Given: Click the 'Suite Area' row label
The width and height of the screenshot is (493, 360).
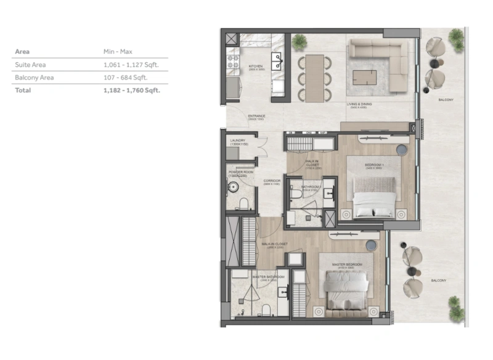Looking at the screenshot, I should click(x=30, y=65).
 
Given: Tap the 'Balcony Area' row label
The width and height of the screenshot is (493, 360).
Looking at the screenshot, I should click(x=33, y=78).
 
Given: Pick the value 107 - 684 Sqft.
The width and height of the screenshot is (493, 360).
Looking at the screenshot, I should click(x=126, y=78).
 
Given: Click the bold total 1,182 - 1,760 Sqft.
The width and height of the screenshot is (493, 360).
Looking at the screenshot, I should click(x=131, y=90).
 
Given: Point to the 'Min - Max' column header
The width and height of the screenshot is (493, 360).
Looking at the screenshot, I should click(x=118, y=52).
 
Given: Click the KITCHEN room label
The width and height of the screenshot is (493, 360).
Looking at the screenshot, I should click(x=256, y=66).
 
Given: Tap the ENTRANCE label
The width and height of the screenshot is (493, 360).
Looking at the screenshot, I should click(x=256, y=116).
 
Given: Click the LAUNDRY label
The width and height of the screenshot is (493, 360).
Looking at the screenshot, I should click(x=237, y=141).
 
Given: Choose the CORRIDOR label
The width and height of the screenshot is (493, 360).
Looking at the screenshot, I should click(x=272, y=181).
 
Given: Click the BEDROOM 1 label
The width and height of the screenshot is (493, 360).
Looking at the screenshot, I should click(x=374, y=165).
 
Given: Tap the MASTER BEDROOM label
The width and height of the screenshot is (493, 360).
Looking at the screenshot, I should click(x=347, y=264).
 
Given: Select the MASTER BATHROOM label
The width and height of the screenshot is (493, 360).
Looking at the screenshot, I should click(x=268, y=277).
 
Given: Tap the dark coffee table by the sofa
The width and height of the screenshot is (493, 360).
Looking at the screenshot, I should click(x=365, y=77).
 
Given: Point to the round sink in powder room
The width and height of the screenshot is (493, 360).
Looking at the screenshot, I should click(x=234, y=187).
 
